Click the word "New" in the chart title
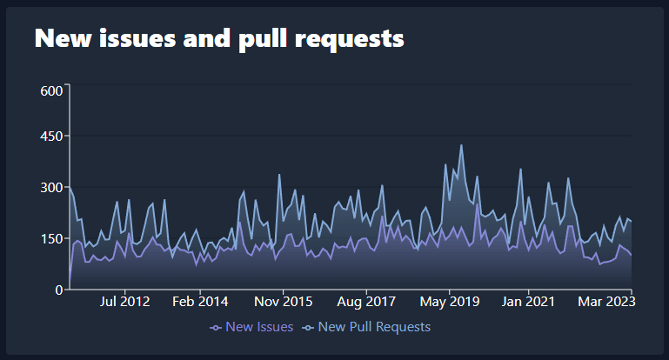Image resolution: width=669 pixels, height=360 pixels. pos(64,38)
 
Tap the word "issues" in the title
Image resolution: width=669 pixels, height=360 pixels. pos(137,38)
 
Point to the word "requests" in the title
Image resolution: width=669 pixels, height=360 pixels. pos(350,40)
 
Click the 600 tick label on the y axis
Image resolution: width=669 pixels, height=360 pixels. pos(51,90)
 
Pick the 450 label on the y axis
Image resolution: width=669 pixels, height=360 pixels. pos(51,136)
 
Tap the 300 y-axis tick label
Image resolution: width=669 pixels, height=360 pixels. pos(51,187)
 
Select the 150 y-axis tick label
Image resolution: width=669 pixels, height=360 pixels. pos(51,238)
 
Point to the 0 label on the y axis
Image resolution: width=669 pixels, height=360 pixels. pos(59,290)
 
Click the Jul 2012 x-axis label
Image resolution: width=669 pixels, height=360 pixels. pos(124,302)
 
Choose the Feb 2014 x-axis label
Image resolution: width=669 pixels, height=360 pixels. pos(200,302)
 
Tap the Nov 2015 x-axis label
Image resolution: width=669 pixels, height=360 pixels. pos(284,302)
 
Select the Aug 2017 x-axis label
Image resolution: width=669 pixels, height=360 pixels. pos(366,302)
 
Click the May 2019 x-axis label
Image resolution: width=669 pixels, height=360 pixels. pos(450,302)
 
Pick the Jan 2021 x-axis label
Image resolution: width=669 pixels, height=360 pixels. pos(528,302)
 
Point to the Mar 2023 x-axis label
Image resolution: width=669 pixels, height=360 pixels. pos(606,302)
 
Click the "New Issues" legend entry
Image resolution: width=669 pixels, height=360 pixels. pos(251,327)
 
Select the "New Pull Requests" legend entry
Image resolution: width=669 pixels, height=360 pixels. pos(366,327)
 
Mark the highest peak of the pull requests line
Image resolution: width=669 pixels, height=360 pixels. pos(461,145)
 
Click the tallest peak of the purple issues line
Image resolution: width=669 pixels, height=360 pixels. pos(477,204)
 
